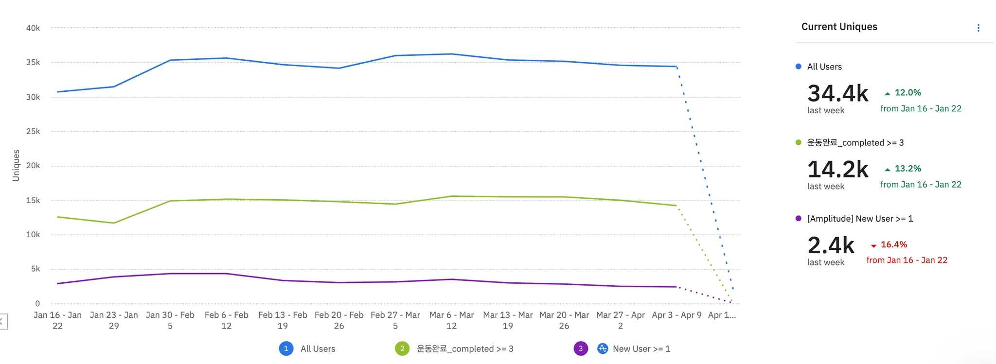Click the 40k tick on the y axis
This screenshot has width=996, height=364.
coord(33,28)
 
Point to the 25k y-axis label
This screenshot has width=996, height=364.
coord(33,131)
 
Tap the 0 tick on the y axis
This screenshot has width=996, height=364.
coord(37,304)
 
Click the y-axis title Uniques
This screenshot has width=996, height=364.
coord(16,165)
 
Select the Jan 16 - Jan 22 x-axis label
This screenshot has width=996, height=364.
coord(57,320)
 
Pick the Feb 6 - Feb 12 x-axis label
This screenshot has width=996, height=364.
coord(226,320)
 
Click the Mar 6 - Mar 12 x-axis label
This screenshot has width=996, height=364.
coord(451,320)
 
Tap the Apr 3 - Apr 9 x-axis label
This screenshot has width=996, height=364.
coord(676,315)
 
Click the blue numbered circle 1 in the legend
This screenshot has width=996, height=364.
coord(286,348)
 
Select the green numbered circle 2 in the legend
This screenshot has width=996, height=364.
coord(402,348)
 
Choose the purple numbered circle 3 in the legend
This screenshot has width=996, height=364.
coord(581,348)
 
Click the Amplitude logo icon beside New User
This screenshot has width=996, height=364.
coord(603,348)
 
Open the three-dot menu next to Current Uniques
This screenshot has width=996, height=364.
coord(978,28)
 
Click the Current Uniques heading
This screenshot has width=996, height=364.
coord(839,27)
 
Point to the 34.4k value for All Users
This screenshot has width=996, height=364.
coord(837,93)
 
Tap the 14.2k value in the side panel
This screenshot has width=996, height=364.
coord(837,169)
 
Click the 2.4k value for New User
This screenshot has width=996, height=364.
coord(831,245)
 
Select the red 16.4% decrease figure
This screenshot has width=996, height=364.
coord(893,244)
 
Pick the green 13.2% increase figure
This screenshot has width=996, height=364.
coord(907,169)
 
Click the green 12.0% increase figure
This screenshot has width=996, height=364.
coord(907,92)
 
